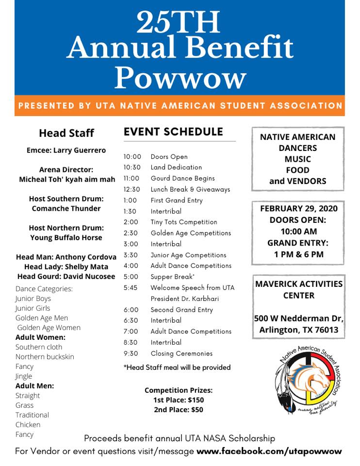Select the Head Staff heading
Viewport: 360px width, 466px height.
point(66,133)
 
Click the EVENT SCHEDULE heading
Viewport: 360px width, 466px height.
point(173,132)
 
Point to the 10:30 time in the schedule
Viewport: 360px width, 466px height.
point(132,167)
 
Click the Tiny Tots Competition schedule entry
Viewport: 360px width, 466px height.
point(184,222)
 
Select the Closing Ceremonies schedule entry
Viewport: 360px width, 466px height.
point(181,353)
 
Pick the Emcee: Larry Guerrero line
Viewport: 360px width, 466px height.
point(66,150)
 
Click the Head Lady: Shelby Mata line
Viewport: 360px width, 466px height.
point(66,266)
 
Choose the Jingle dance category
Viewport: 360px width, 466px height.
point(24,376)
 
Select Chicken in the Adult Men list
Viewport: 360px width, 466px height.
point(28,425)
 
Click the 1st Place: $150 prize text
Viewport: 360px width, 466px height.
point(179,400)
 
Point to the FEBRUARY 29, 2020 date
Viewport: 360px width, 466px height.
point(299,209)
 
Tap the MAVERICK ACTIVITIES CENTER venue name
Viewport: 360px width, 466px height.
point(299,289)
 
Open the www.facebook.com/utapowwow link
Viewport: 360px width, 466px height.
point(269,451)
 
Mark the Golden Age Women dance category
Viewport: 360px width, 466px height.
point(49,328)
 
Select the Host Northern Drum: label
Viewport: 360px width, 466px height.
point(66,228)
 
